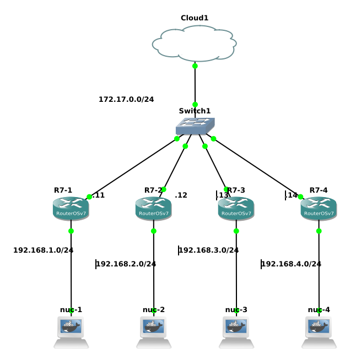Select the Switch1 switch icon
pyautogui.click(x=195, y=126)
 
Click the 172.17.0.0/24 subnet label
pyautogui.click(x=126, y=100)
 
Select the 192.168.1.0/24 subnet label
pyautogui.click(x=44, y=250)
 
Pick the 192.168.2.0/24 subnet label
pyautogui.click(x=126, y=264)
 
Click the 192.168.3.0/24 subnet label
pyautogui.click(x=209, y=250)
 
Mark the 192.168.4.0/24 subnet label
pyautogui.click(x=291, y=264)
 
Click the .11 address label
pyautogui.click(x=99, y=195)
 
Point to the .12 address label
pyautogui.click(x=181, y=195)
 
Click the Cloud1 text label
pyautogui.click(x=195, y=18)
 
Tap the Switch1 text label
pyautogui.click(x=195, y=111)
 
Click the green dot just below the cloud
pyautogui.click(x=195, y=66)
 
